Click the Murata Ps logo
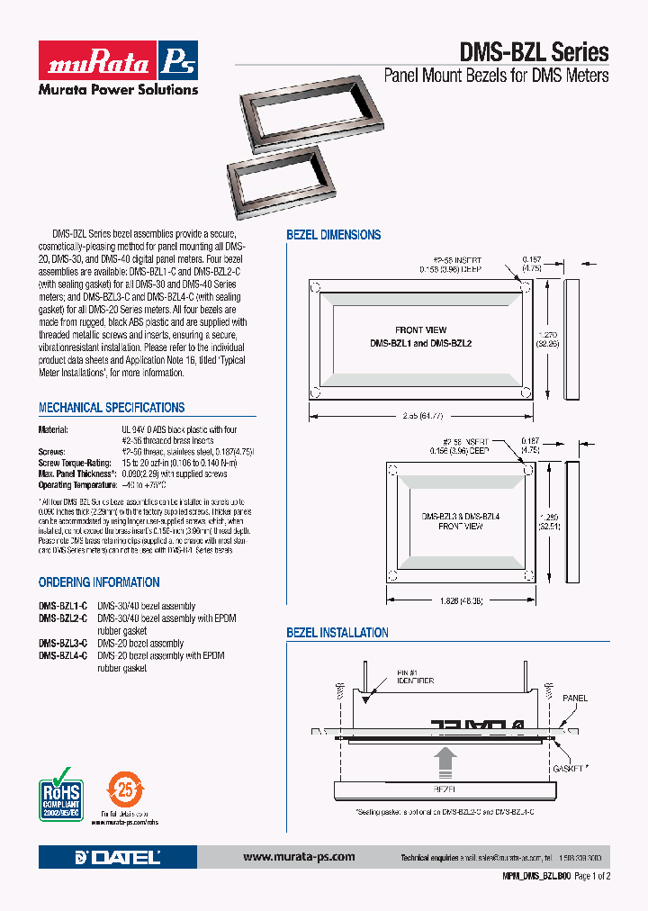[117, 60]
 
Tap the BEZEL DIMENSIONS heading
[333, 235]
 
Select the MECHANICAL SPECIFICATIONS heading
[112, 408]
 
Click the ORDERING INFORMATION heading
[99, 582]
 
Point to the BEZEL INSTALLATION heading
[337, 633]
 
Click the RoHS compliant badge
[60, 792]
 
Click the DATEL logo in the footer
[119, 857]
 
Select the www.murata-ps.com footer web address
[299, 857]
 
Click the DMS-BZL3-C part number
[62, 644]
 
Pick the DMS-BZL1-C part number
[62, 606]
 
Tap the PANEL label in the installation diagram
[575, 698]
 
